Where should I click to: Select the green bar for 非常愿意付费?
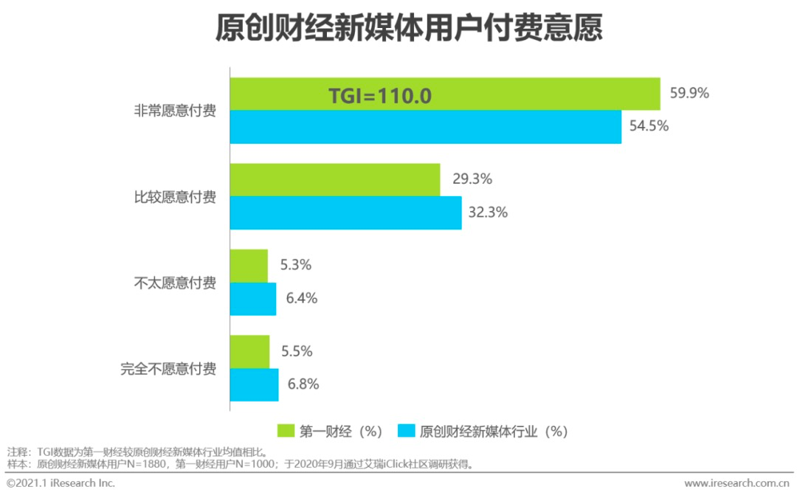coord(517,94)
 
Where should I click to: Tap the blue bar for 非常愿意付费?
coord(426,127)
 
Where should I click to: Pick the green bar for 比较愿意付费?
coord(335,179)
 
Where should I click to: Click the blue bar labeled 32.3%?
coord(345,212)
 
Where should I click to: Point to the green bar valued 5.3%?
coord(249,266)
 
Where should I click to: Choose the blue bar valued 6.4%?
coord(253,299)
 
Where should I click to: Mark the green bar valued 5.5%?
coord(249,351)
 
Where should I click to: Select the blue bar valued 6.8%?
coord(254,384)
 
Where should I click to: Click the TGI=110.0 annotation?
coord(379,96)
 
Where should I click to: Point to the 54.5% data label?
coord(649,126)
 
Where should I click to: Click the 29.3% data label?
coord(472,179)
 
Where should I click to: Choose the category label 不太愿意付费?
coord(175,283)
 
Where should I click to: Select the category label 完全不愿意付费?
coord(168,368)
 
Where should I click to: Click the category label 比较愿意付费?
coord(175,197)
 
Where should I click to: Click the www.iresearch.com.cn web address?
coord(736,483)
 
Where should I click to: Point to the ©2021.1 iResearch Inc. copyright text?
coord(61,483)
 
